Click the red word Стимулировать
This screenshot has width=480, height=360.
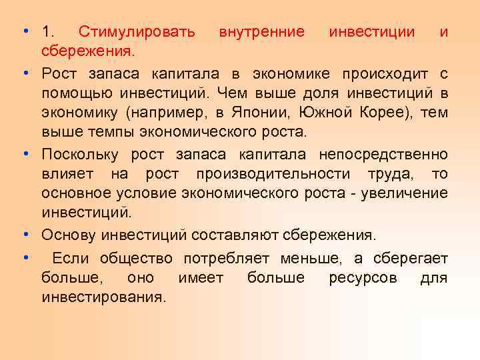tap(137, 31)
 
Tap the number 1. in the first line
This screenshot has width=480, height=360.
tap(49, 31)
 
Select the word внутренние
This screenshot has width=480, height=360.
tap(262, 31)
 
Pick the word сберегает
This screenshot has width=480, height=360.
tap(407, 258)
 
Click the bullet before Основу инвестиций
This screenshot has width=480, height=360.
tap(24, 235)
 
